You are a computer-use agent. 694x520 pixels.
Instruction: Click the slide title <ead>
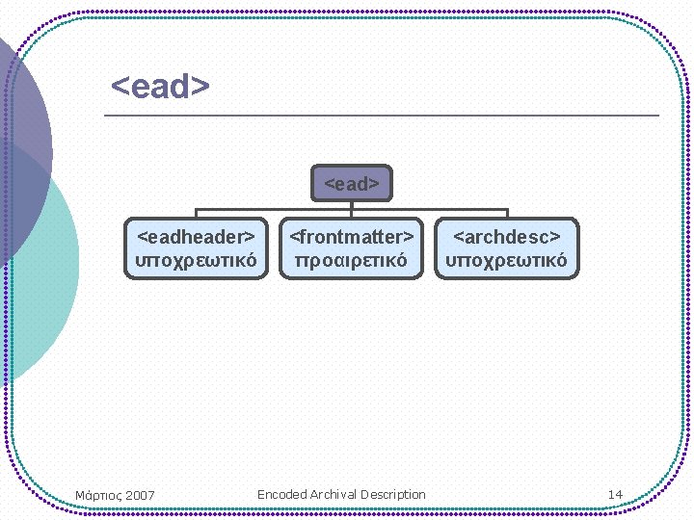coord(160,87)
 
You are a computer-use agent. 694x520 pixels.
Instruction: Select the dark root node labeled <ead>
coord(352,183)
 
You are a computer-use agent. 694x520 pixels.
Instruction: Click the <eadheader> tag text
coord(197,236)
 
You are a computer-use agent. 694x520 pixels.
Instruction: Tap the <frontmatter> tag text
coord(352,236)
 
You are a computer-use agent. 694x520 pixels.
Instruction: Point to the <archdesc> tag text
coord(507,236)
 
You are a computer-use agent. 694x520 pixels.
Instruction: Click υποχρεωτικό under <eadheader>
coord(197,260)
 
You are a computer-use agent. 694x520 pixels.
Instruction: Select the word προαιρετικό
coord(352,260)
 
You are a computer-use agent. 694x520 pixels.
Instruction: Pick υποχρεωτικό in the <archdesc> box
coord(507,260)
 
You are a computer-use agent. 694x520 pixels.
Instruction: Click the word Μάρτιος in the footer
coord(97,495)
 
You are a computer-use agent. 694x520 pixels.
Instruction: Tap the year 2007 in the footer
coord(139,495)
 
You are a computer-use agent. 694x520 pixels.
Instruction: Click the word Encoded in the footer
coord(281,494)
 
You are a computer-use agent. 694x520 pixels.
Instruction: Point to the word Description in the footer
coord(393,494)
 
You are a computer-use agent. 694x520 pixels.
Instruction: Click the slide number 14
coord(615,494)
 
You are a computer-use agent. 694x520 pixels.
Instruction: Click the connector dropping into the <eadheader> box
coord(197,213)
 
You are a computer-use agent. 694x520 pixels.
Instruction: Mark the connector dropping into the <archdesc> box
coord(507,213)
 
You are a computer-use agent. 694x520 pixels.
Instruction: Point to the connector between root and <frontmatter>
coord(352,209)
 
